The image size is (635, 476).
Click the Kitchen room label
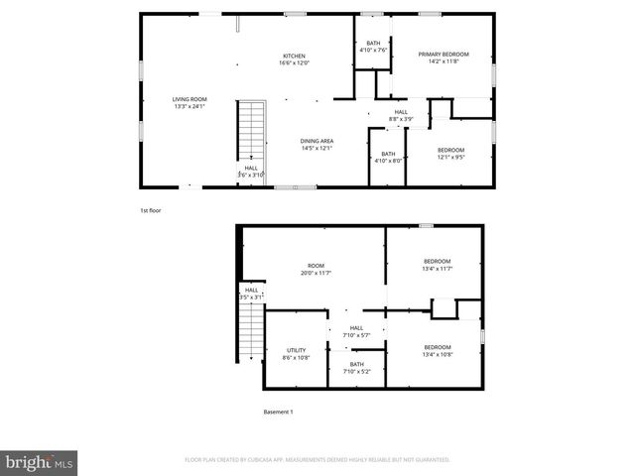(294, 59)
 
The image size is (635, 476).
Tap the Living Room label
(190, 102)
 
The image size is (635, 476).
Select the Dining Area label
(317, 145)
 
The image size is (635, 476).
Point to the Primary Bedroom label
(443, 58)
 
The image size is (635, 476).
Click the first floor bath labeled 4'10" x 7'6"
(373, 47)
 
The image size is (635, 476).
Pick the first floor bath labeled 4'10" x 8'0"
(388, 157)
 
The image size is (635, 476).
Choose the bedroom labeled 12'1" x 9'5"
(450, 153)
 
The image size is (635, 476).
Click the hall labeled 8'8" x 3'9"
(401, 115)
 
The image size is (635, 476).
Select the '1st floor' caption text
(150, 209)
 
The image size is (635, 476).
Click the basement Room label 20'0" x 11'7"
(317, 269)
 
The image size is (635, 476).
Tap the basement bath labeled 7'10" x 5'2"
(356, 368)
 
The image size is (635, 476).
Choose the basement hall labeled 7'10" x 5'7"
(356, 331)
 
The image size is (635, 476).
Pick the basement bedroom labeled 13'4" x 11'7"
(437, 265)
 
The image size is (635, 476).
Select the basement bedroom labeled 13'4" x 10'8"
(437, 350)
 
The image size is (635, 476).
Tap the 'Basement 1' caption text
(278, 412)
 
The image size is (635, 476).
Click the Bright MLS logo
(40, 462)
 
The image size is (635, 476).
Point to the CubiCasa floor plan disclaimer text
(317, 460)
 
